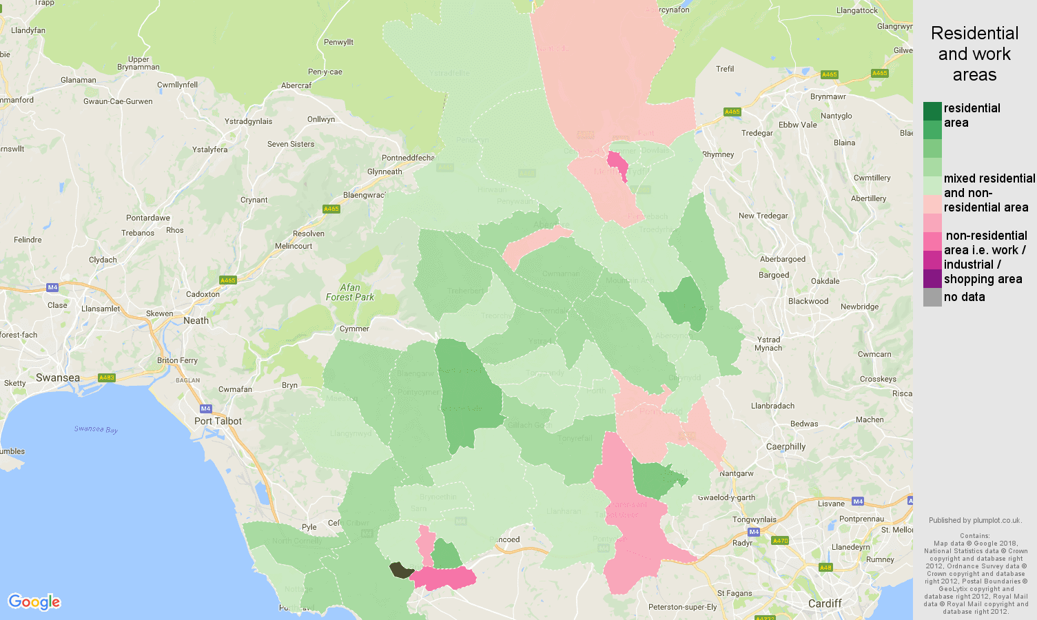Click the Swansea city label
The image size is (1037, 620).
tap(58, 378)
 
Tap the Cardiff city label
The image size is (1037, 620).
tap(825, 603)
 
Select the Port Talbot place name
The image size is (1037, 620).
tap(218, 421)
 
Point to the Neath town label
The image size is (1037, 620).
tap(196, 320)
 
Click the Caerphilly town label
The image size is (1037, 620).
tap(786, 446)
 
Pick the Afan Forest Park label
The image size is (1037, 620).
tap(350, 292)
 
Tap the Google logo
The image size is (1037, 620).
tap(34, 602)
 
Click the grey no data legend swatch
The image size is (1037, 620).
tap(932, 298)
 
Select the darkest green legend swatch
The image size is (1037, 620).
tap(932, 111)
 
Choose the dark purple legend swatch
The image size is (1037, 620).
tap(932, 278)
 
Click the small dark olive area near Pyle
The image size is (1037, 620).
tap(400, 570)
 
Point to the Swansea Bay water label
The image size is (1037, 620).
tap(96, 429)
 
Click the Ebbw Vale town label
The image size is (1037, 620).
tap(797, 125)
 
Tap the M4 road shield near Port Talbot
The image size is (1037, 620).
tap(205, 409)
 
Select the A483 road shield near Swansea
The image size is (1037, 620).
tap(107, 378)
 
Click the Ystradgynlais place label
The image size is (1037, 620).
tap(248, 121)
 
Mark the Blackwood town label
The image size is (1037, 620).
tap(808, 301)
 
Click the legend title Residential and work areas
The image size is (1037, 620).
tap(974, 54)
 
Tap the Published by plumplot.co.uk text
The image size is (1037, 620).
tap(975, 520)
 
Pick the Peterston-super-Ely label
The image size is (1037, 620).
tap(682, 607)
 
